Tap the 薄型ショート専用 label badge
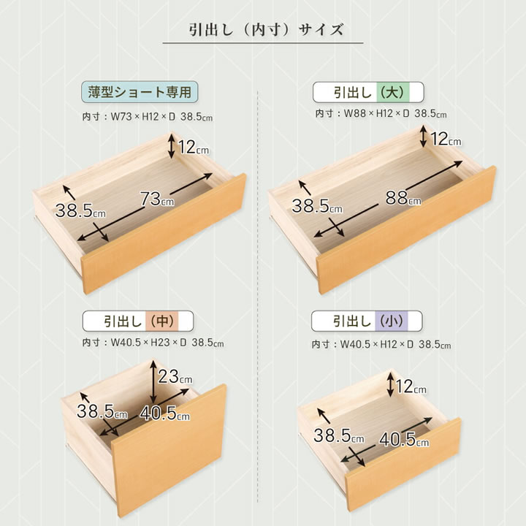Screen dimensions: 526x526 pos(140,92)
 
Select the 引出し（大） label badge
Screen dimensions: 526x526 pos(368,92)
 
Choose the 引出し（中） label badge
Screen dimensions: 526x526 pos(138,321)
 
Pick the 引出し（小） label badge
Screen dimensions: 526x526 pos(367,321)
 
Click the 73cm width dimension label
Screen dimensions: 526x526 pos(157,199)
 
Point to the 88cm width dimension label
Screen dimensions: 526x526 pos(403,197)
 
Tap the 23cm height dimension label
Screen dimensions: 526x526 pos(175,376)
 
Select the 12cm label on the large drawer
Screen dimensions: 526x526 pos(446,139)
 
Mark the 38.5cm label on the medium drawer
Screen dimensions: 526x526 pos(102,411)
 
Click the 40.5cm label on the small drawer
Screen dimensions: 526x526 pos(404,439)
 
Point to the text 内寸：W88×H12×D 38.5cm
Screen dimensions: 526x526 pos(381,114)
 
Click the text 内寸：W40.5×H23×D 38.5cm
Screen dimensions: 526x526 pos(153,343)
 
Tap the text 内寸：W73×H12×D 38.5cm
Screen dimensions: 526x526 pos(148,117)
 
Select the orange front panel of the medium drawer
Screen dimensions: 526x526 pos(169,450)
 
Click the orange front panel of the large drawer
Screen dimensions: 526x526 pos(406,230)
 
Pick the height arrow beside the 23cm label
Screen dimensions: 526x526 pos(153,381)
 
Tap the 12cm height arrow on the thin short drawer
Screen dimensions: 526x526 pos(172,146)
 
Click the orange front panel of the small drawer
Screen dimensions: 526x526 pos(403,465)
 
